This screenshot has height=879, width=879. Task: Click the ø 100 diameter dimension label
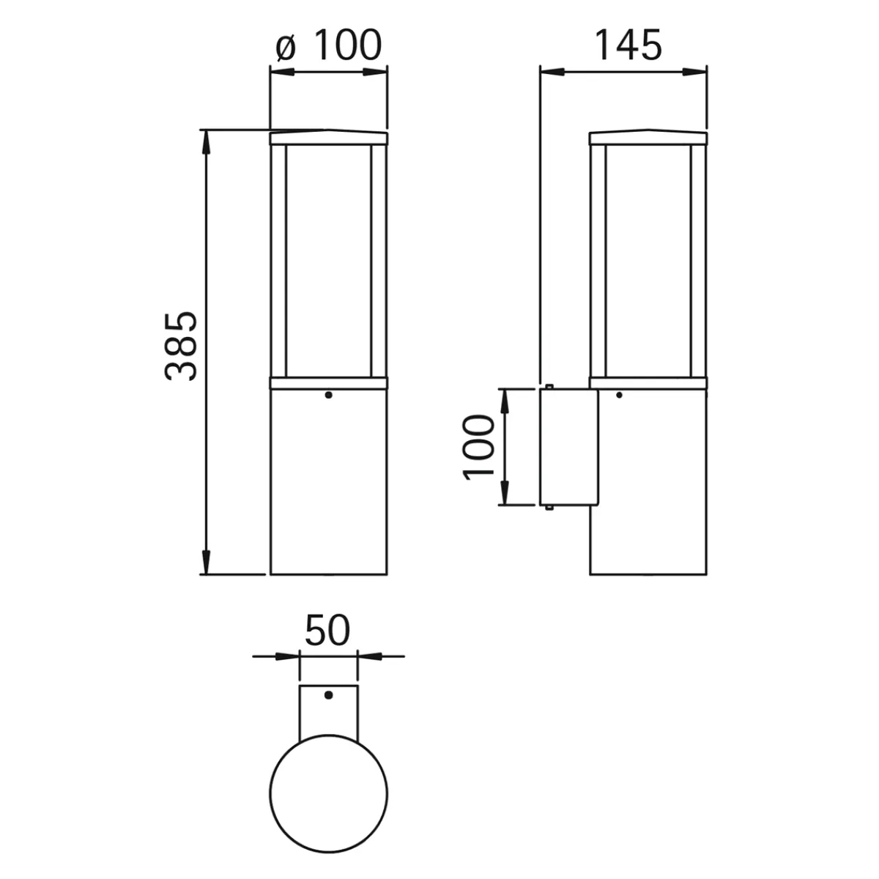[x=328, y=45]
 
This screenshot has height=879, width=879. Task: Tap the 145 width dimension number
[x=628, y=45]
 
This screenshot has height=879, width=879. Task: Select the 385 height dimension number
[x=181, y=346]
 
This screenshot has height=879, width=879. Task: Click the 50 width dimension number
[x=327, y=630]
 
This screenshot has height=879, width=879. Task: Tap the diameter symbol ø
[x=286, y=47]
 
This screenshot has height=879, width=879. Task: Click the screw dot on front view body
[x=328, y=395]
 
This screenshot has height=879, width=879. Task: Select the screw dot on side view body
[x=619, y=395]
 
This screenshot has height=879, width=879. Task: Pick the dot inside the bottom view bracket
[x=328, y=695]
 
